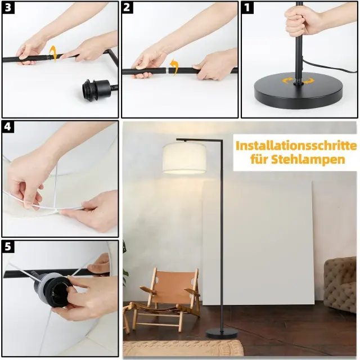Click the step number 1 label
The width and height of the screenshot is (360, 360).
coord(247,7)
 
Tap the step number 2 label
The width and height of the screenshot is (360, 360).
coord(127,7)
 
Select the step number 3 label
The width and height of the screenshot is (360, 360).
coord(8,7)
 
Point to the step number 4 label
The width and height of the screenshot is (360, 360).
coord(8,127)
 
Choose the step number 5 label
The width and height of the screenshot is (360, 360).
coord(8,246)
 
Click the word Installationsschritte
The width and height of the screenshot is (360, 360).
coord(296,146)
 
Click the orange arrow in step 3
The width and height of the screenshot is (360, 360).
coord(53,53)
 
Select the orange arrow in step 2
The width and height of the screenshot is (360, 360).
coord(174,67)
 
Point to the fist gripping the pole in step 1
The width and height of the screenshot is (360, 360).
coord(299,22)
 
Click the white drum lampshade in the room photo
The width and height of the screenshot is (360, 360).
coord(184,157)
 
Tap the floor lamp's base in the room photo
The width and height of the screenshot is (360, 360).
coord(221,333)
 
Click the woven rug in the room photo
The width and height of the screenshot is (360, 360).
coord(182,348)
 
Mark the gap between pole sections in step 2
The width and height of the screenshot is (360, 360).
coord(167,70)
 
